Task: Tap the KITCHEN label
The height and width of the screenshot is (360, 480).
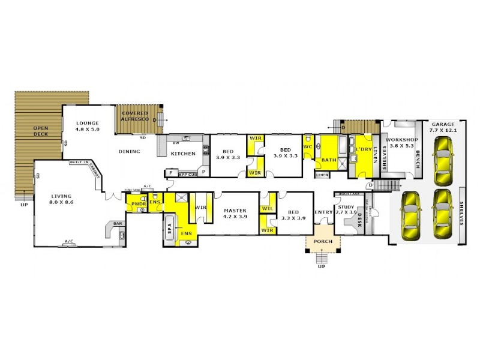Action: click(183, 154)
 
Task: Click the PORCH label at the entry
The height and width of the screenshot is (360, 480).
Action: click(323, 243)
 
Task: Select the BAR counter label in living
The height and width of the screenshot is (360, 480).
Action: click(118, 223)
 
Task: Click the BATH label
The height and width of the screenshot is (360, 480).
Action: click(328, 160)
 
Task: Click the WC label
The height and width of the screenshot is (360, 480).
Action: click(307, 146)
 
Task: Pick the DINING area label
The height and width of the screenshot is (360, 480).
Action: click(129, 151)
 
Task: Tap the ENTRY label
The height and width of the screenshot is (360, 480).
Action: click(323, 212)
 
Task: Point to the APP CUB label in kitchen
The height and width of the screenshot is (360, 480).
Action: click(188, 174)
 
